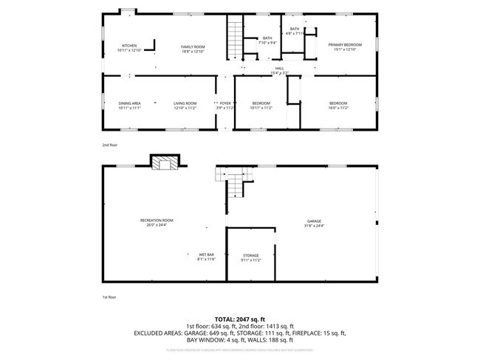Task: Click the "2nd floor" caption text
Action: (109, 145)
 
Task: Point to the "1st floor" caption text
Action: (109, 297)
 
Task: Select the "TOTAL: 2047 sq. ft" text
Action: (239, 319)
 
